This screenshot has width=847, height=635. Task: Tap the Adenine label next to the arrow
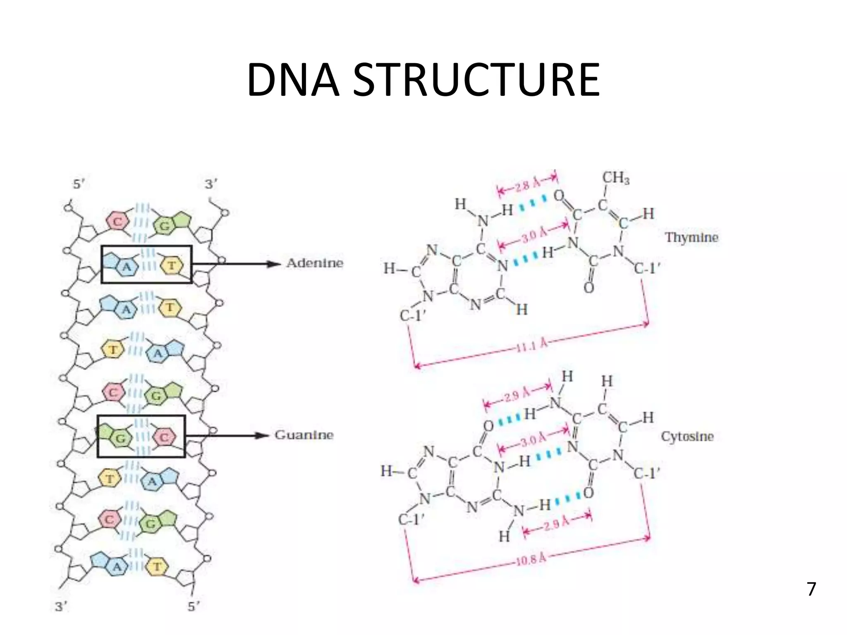[314, 263]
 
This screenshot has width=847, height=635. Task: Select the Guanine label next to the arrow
[304, 435]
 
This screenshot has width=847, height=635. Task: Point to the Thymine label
[691, 237]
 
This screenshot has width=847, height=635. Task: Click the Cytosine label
[687, 437]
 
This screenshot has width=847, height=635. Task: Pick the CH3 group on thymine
[615, 178]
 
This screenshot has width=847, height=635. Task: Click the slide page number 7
[811, 589]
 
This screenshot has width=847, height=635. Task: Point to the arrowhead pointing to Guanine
[262, 435]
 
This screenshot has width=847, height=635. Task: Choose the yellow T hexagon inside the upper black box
[171, 265]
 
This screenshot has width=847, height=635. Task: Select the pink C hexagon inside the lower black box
[164, 437]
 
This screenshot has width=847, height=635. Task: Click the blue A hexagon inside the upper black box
[126, 267]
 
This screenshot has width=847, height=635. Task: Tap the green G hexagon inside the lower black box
[120, 438]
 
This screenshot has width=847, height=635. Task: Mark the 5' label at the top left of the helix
[79, 185]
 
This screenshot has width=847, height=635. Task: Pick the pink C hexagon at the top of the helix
[118, 222]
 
